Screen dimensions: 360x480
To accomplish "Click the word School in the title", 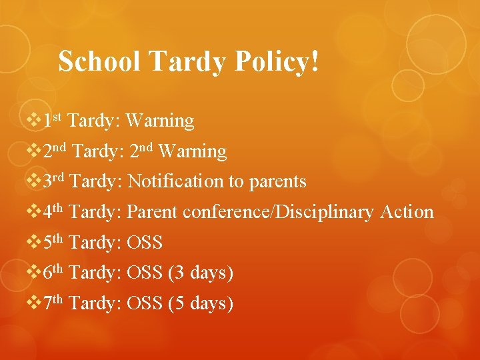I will pyautogui.click(x=99, y=61).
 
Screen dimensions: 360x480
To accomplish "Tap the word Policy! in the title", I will pyautogui.click(x=277, y=61).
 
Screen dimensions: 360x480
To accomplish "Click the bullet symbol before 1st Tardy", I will pyautogui.click(x=33, y=121).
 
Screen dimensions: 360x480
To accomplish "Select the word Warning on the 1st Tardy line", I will pyautogui.click(x=160, y=121).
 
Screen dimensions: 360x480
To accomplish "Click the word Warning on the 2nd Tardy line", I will pyautogui.click(x=193, y=151).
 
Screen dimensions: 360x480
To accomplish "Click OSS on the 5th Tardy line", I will pyautogui.click(x=145, y=243).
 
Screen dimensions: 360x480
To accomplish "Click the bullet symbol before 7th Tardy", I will pyautogui.click(x=33, y=304).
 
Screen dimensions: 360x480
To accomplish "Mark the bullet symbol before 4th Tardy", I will pyautogui.click(x=33, y=212).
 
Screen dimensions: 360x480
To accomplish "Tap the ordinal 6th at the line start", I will pyautogui.click(x=53, y=272).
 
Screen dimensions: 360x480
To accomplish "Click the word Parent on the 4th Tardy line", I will pyautogui.click(x=152, y=212).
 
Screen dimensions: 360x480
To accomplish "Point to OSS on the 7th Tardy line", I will pyautogui.click(x=145, y=304).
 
